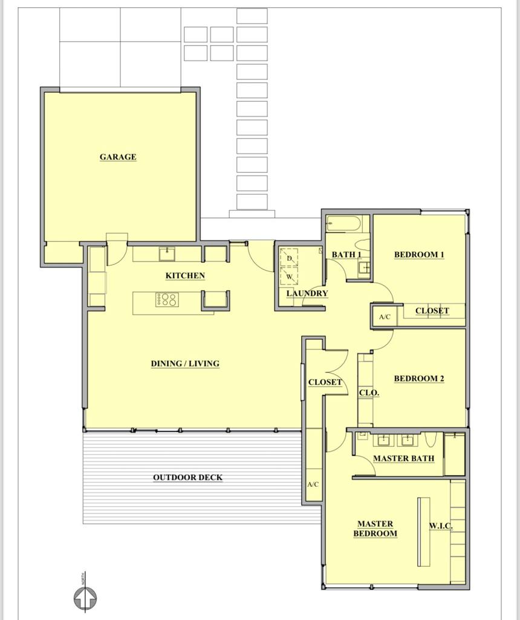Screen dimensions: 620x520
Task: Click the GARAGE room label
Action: click(118, 157)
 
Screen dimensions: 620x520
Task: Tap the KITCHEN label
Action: click(185, 275)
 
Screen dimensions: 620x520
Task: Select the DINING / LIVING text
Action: click(185, 364)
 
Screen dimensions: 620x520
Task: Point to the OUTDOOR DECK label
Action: click(187, 478)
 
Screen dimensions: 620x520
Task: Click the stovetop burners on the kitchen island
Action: click(166, 299)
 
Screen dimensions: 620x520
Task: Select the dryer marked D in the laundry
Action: click(289, 258)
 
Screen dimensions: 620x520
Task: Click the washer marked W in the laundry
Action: click(289, 276)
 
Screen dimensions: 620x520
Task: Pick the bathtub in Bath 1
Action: click(343, 225)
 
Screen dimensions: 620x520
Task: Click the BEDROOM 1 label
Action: click(419, 254)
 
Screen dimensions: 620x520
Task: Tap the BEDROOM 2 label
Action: click(419, 378)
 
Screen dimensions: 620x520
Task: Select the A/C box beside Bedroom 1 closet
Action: click(385, 317)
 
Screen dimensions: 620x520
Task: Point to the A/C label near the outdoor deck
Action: click(313, 484)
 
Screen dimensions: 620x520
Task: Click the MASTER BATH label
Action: click(403, 458)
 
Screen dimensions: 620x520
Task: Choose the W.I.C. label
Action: click(441, 526)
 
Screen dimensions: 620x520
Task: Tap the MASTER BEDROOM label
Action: click(375, 529)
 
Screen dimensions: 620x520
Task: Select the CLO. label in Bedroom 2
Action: click(369, 392)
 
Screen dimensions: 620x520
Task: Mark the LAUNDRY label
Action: click(307, 294)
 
